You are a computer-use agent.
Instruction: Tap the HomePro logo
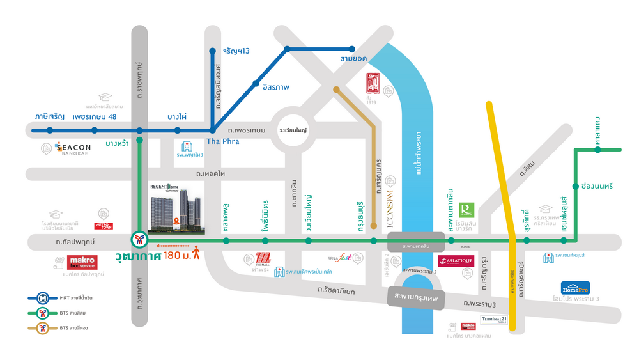575,288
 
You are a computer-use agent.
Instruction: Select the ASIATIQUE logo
456,260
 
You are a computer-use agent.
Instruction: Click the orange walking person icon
197,252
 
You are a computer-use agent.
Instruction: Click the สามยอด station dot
351,49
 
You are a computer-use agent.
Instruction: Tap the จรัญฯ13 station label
236,51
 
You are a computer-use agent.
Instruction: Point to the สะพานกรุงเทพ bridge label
415,297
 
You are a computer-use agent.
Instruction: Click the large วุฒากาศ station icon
139,240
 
